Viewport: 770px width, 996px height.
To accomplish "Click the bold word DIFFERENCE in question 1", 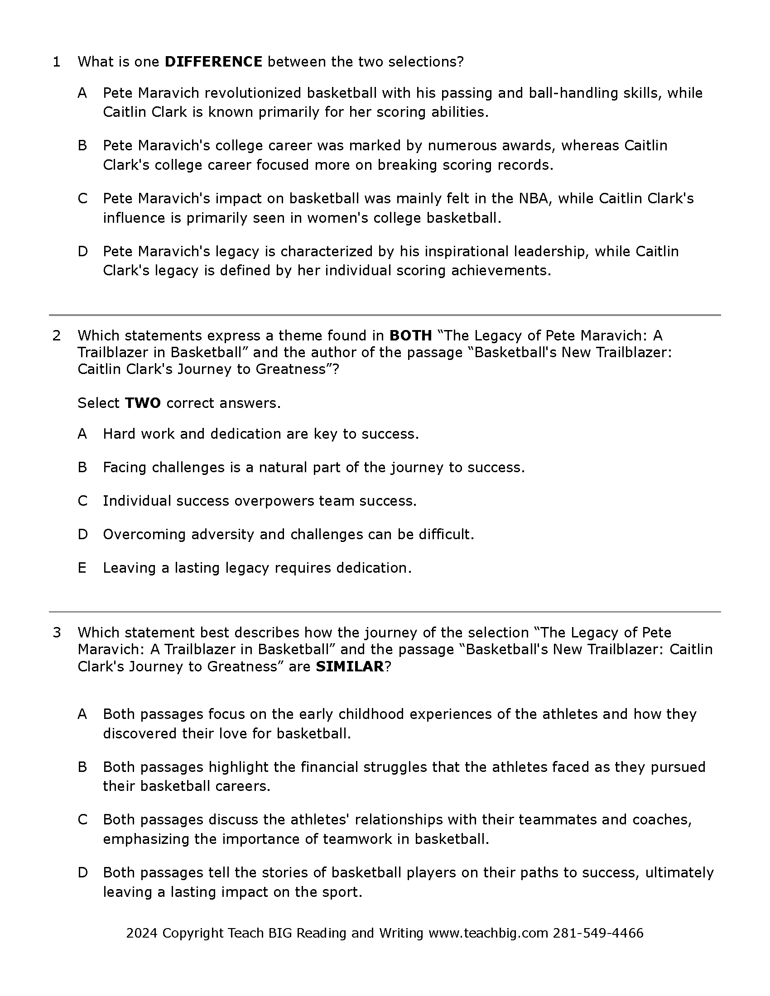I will click(213, 62).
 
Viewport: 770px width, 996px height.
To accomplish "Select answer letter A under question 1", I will click(82, 93).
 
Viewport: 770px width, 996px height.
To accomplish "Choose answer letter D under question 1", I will click(82, 251).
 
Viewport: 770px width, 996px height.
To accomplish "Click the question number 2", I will click(57, 335).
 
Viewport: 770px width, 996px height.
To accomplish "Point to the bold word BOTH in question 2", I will click(410, 335).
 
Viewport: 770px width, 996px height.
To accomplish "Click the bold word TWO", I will click(142, 403).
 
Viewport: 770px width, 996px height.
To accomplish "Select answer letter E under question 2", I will click(82, 568).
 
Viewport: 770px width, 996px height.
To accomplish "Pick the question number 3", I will click(57, 632).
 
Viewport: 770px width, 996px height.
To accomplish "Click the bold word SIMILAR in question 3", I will click(349, 667).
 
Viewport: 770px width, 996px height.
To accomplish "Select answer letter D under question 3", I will click(82, 872).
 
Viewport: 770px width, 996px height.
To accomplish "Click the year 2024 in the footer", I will click(141, 933).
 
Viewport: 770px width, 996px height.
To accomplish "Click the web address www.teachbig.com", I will click(488, 933).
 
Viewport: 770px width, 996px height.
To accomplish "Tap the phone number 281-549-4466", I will click(597, 933).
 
